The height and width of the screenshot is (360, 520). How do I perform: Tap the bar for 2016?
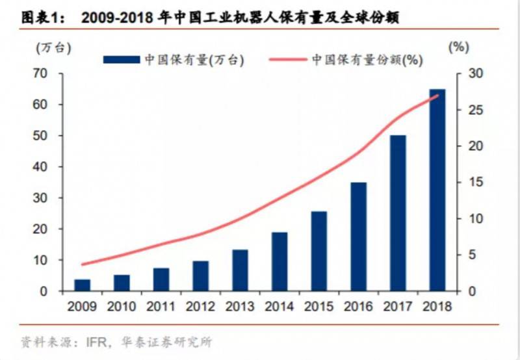pos(358,237)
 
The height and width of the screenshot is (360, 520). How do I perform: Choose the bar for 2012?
pos(201,276)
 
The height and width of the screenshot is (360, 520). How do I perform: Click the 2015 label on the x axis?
pos(318,305)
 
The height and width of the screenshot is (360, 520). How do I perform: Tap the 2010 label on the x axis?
pos(122,305)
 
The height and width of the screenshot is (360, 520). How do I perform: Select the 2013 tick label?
pos(240,305)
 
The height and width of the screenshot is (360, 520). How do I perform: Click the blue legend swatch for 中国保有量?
pos(122,59)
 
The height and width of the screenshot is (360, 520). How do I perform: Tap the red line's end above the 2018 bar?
pos(438,96)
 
